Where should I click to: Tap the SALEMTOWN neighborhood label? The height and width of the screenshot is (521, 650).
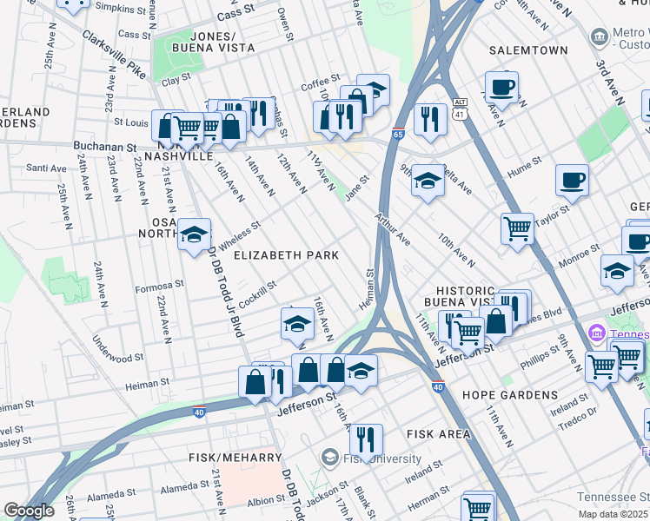tap(527, 51)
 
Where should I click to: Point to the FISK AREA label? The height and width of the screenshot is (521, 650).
tap(438, 433)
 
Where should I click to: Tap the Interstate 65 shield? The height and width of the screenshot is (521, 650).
tap(397, 135)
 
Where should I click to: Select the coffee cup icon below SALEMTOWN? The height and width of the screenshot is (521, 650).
tap(501, 87)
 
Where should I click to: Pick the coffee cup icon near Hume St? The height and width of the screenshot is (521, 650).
tap(571, 180)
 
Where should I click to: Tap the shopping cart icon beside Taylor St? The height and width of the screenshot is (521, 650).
tap(517, 229)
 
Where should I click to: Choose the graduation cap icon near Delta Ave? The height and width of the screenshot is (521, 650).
tap(427, 181)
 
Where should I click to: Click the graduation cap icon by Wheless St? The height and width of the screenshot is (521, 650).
tap(194, 234)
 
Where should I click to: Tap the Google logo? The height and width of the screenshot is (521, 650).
tap(29, 511)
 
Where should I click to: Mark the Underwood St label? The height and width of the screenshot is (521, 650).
tap(118, 357)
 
